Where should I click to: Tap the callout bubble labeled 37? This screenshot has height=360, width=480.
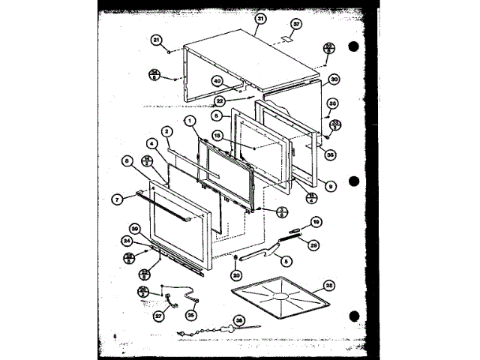(x=296, y=24)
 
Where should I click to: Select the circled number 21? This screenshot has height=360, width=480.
(x=157, y=40)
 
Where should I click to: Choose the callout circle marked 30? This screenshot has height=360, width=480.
(x=334, y=79)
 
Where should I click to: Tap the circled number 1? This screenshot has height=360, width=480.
(x=190, y=120)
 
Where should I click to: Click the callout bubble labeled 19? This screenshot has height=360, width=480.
(x=316, y=222)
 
